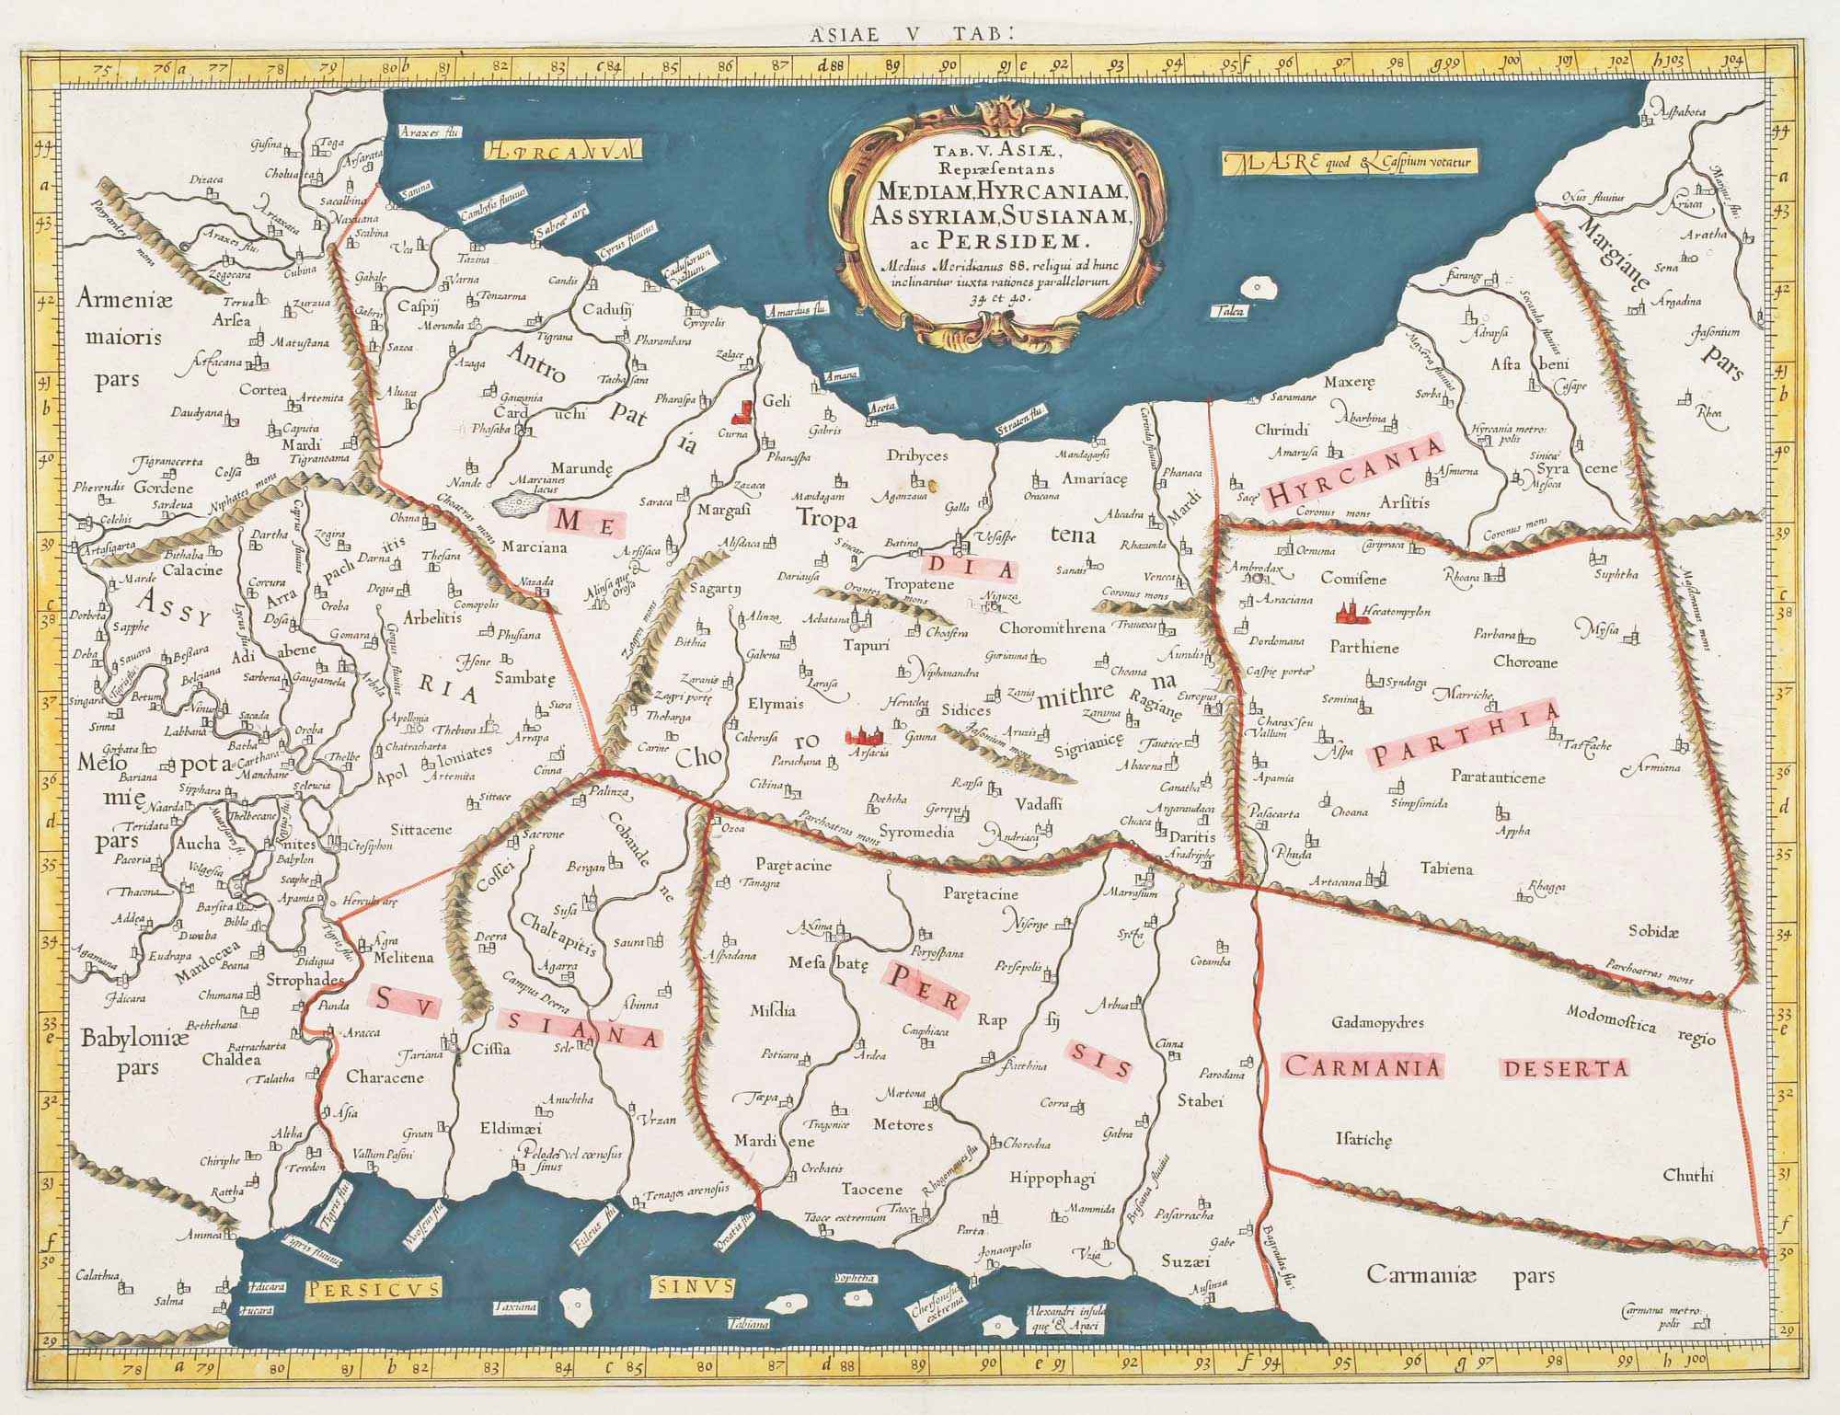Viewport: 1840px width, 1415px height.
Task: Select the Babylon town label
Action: [298, 858]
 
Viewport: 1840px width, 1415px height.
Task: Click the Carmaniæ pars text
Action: [1459, 1275]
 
